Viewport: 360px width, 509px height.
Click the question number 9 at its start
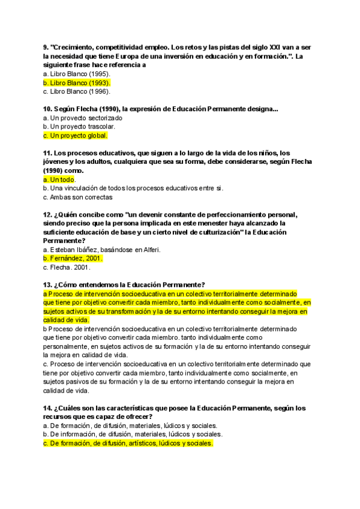(46, 47)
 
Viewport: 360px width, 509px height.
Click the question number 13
(47, 285)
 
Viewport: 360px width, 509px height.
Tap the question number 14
(47, 408)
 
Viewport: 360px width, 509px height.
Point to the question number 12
(47, 214)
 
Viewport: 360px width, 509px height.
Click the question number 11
(47, 153)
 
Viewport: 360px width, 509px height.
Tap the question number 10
(47, 109)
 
